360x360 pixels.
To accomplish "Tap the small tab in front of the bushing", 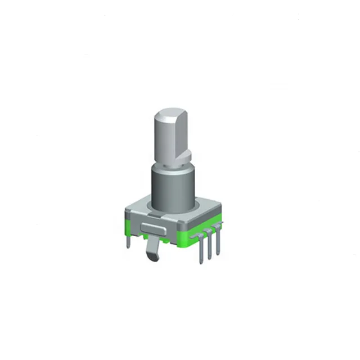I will pos(156,211).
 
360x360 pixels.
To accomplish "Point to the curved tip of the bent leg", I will pos(153,257).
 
